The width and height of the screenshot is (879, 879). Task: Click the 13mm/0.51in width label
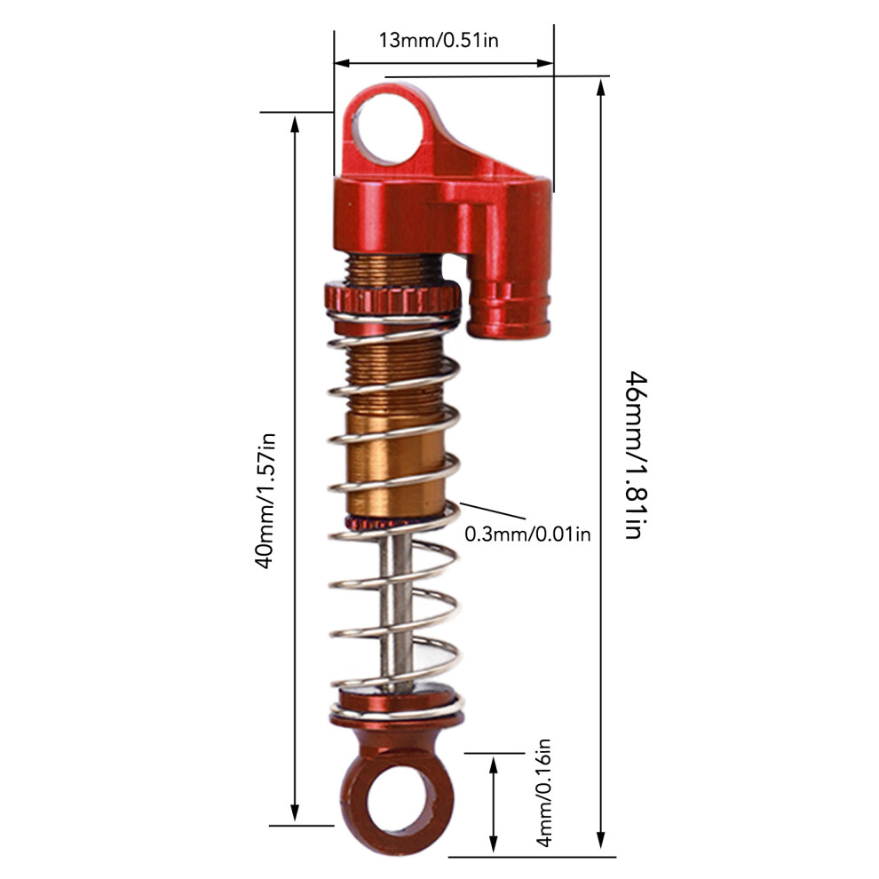439,40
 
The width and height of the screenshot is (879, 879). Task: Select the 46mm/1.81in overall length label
637,455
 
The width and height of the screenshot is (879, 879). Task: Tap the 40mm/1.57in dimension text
265,501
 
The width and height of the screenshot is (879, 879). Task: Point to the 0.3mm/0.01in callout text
527,535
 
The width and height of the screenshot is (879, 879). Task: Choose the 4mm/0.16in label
543,793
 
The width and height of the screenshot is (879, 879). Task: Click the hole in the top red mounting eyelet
390,129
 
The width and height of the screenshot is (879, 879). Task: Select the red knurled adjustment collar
392,298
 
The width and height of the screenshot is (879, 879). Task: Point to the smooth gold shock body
395,464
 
